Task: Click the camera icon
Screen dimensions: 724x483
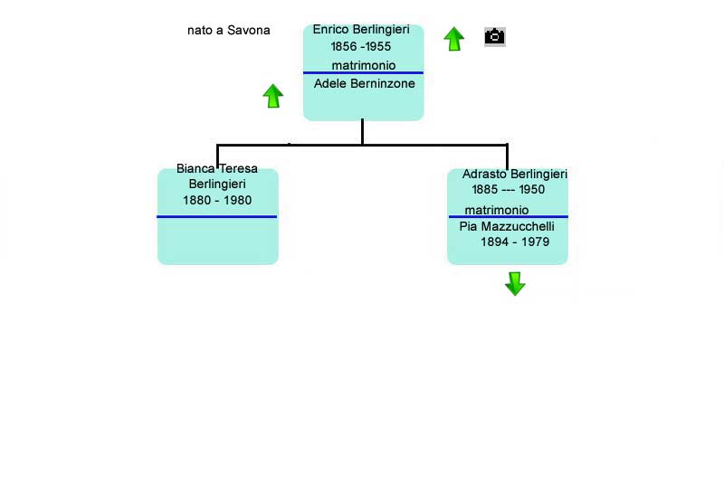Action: (495, 36)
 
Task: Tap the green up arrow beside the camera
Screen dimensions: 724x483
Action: (454, 39)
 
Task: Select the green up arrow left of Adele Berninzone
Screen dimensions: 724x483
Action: (273, 96)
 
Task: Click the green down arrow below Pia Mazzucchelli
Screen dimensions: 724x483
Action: (515, 283)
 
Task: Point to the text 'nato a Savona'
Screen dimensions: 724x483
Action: (229, 31)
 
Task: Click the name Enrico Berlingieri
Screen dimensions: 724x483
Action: (361, 30)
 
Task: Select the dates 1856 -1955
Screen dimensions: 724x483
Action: (360, 47)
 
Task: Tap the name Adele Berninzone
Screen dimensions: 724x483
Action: (365, 83)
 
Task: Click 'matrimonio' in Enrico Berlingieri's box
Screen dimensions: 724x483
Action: (364, 65)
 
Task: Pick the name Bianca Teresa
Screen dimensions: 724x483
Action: (217, 168)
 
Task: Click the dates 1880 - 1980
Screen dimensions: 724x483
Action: (217, 200)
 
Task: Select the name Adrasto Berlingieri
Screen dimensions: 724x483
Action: (514, 174)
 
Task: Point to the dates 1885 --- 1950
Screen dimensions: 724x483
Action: (508, 190)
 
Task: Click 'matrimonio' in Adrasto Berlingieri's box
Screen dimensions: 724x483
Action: (496, 211)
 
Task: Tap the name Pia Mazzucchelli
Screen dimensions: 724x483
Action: (507, 226)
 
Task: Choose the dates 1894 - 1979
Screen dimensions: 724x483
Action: (515, 241)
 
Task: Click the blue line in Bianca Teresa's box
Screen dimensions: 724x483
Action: (217, 216)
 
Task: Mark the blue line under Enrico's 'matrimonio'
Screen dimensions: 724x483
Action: (364, 73)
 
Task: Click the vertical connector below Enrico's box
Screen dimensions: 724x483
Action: (363, 132)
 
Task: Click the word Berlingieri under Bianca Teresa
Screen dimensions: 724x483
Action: (217, 185)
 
